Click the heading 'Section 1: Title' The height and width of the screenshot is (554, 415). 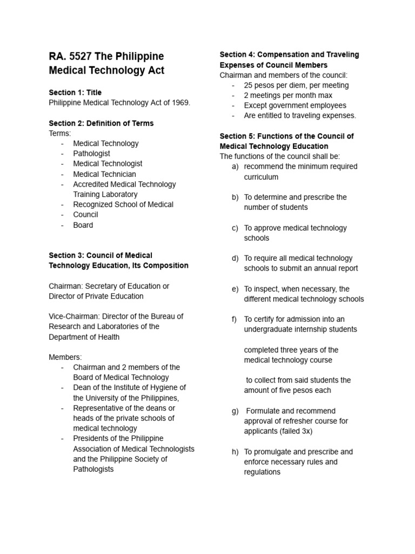click(x=75, y=93)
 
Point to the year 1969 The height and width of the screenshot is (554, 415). click(x=178, y=103)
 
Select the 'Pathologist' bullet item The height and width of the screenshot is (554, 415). click(x=91, y=154)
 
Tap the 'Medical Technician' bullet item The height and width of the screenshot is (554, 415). click(x=104, y=174)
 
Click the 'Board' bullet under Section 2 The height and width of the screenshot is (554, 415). click(x=83, y=225)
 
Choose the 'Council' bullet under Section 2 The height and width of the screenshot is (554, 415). click(x=85, y=215)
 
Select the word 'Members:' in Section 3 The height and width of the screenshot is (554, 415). click(x=65, y=357)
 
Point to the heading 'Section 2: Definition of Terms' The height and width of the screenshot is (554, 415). click(x=101, y=123)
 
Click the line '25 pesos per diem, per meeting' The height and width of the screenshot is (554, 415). click(x=296, y=85)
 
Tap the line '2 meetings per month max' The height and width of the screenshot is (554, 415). click(x=287, y=95)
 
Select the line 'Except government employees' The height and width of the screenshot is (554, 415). click(x=295, y=105)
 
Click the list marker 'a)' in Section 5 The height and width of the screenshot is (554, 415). click(x=235, y=167)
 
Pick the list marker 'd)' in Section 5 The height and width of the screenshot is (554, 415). click(x=235, y=259)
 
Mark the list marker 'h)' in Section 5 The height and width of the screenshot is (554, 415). click(x=235, y=452)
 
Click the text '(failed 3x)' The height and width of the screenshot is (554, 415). click(x=293, y=431)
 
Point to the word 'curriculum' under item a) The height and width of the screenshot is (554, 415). click(x=261, y=177)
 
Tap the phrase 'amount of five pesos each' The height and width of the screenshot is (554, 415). click(x=287, y=391)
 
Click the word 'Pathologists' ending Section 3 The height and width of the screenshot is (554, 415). click(x=93, y=469)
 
